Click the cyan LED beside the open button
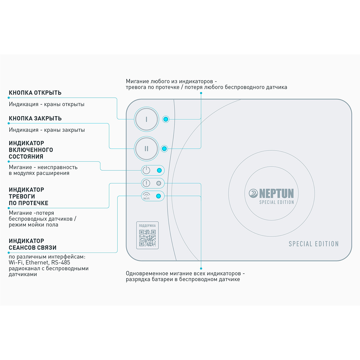[x=166, y=119]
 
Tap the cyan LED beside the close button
[x=164, y=149]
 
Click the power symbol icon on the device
[x=146, y=170]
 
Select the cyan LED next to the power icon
[x=159, y=170]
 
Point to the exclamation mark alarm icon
[x=146, y=183]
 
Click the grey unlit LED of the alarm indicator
[x=159, y=183]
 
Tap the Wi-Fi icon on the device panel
[x=146, y=196]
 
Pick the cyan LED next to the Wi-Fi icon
[x=158, y=196]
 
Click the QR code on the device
[x=147, y=238]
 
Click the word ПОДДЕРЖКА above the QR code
[x=147, y=226]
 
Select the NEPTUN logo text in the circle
[x=276, y=193]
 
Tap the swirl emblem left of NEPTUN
[x=253, y=193]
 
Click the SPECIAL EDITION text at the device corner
[x=313, y=244]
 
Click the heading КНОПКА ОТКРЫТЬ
[x=35, y=93]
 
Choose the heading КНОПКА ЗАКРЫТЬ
[x=35, y=118]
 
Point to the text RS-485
[x=61, y=262]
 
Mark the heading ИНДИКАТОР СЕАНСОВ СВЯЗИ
[x=32, y=244]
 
